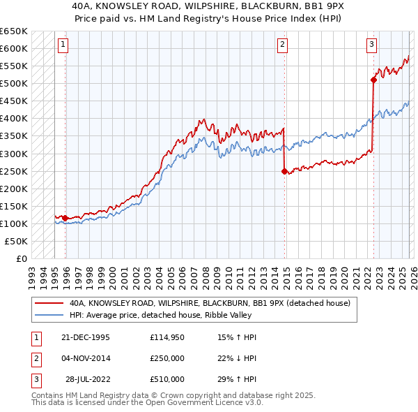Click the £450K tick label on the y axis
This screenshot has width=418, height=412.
[x=14, y=101]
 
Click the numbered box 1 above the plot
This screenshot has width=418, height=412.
[x=63, y=45]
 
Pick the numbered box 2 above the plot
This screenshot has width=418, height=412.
[x=283, y=45]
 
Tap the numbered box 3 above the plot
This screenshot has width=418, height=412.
[x=372, y=45]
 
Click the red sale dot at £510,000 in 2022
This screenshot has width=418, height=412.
[x=373, y=80]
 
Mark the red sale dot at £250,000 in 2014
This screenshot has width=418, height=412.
[x=284, y=171]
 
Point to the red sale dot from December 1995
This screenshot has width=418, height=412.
[x=65, y=218]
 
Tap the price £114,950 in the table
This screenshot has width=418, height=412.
[x=167, y=337]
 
